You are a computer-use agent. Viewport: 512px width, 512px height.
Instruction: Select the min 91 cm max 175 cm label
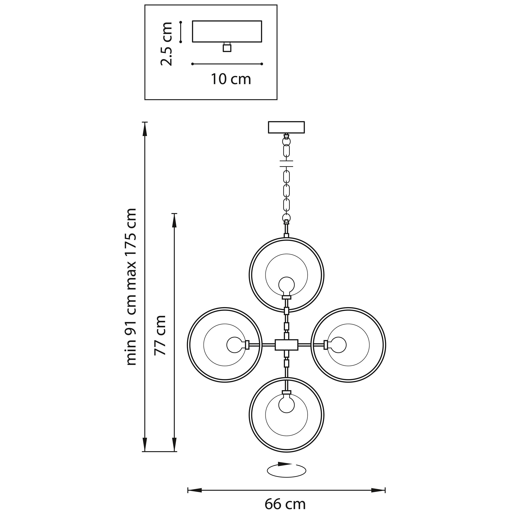click(x=131, y=287)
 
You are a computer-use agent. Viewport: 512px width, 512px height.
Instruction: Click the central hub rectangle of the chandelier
click(x=286, y=345)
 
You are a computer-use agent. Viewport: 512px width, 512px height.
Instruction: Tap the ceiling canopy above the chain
click(x=286, y=127)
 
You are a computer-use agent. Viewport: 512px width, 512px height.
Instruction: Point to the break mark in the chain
click(x=286, y=163)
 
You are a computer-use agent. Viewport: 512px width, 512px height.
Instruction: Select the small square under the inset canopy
click(x=227, y=48)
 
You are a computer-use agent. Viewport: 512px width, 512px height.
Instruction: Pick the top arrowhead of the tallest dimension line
click(x=144, y=130)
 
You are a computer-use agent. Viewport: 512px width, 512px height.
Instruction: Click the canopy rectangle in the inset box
click(x=227, y=32)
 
